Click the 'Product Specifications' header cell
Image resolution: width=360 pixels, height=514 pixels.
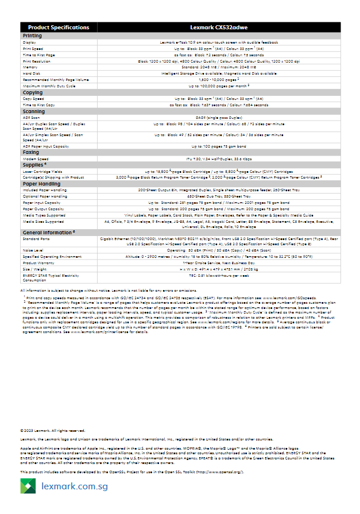[x=59, y=28]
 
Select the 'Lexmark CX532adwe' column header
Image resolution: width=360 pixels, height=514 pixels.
[x=219, y=28]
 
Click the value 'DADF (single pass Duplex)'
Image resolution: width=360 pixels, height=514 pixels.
[x=219, y=117]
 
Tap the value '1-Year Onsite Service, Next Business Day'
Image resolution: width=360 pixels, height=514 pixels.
[x=219, y=262]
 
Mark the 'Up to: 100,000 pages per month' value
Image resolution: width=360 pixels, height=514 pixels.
[x=219, y=86]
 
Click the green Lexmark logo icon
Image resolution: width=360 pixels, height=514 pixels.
[x=28, y=486]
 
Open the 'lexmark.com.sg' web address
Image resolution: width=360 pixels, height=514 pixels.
[x=75, y=486]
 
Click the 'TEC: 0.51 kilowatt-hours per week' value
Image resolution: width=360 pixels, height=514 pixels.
[x=219, y=276]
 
